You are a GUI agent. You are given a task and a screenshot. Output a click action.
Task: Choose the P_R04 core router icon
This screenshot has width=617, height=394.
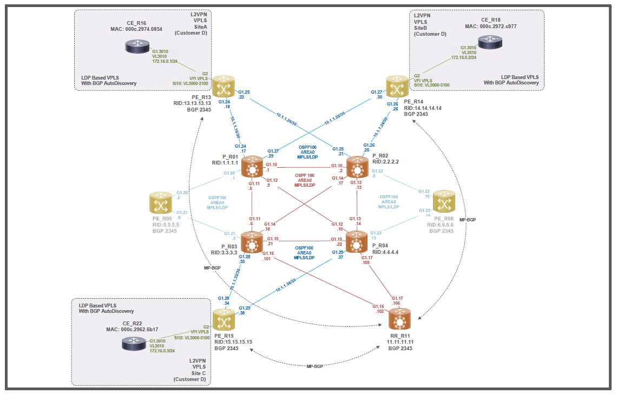point(357,242)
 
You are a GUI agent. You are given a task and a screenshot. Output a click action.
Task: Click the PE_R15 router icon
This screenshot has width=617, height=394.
point(223,319)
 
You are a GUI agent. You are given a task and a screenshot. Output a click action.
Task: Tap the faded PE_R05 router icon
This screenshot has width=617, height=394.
point(161,203)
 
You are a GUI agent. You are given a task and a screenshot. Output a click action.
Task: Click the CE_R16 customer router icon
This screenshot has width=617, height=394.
point(136,47)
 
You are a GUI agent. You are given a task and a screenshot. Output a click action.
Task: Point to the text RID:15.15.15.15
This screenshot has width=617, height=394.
point(233,342)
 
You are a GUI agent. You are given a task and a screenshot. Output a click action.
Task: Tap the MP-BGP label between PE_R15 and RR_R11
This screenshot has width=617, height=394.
point(316,366)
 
